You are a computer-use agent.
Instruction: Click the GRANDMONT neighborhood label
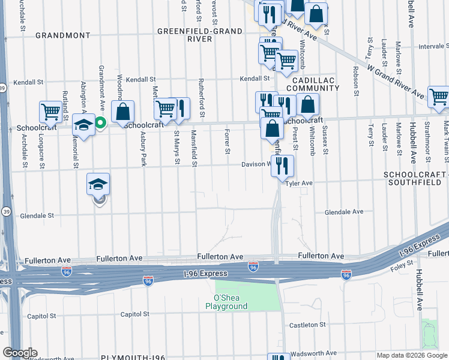pos(62,35)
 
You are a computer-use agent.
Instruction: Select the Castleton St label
pos(306,324)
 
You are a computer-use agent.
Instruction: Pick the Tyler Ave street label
pos(299,183)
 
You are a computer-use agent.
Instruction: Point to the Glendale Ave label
pos(344,212)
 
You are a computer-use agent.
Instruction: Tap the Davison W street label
pos(257,164)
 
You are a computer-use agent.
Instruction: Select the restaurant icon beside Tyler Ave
pos(282,166)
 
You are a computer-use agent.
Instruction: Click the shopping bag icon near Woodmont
pos(122,112)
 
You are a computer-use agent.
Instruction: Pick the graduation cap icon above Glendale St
pos(98,184)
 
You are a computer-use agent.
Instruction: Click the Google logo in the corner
pos(20,353)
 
